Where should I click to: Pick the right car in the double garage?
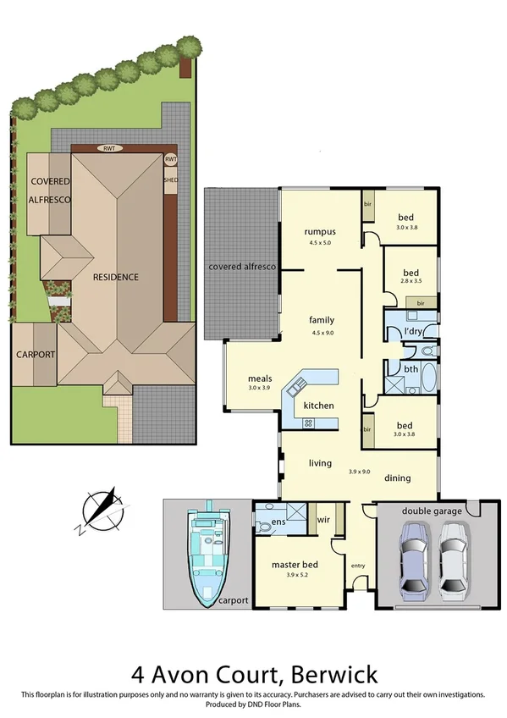454,560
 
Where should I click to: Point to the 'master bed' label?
295,564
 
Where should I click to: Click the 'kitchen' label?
318,406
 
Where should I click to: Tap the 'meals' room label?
259,378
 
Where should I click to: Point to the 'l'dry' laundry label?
414,329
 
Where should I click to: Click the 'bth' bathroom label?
411,369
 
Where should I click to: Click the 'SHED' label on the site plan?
170,179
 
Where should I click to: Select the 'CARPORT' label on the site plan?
35,354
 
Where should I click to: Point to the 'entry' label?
358,565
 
